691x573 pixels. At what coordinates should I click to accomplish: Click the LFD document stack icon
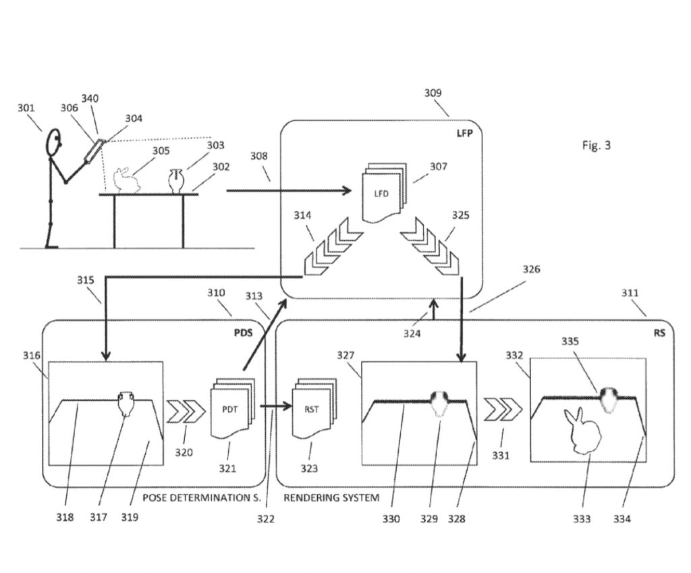point(383,192)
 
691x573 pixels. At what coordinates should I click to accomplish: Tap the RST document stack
point(314,408)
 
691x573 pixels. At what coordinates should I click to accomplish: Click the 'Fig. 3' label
point(597,145)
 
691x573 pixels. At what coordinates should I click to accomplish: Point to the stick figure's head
point(54,142)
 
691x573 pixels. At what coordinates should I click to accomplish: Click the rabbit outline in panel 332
point(582,431)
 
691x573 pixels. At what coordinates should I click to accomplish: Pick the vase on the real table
point(175,181)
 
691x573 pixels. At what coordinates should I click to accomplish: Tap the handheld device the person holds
point(94,151)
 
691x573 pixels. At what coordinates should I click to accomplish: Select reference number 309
point(433,93)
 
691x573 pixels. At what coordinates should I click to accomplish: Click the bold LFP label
point(464,133)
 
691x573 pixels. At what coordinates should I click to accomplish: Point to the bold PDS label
point(243,332)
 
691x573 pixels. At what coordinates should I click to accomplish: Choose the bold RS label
point(659,333)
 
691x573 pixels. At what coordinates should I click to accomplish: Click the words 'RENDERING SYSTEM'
point(331,498)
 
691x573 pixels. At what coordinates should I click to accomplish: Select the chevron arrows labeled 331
point(503,410)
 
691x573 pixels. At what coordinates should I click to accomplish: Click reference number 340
point(90,99)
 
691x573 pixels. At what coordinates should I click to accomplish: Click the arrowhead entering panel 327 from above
point(461,356)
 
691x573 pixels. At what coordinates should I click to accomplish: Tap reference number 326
point(532,269)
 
